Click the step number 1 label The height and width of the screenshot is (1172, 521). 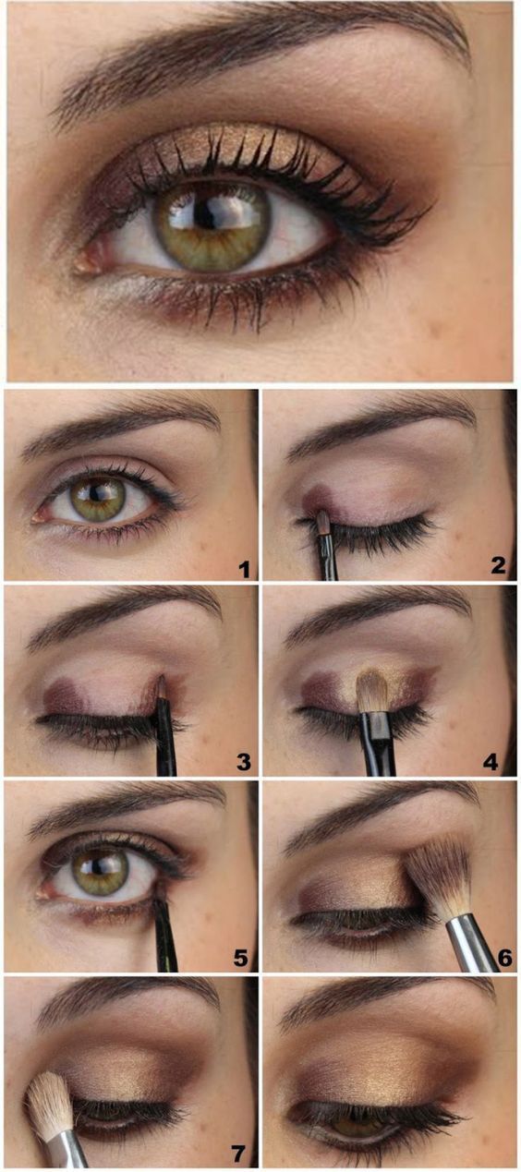(x=244, y=569)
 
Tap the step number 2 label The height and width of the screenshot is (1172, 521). (x=498, y=565)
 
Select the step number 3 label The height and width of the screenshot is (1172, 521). (x=243, y=762)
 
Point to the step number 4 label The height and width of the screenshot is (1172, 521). (x=491, y=762)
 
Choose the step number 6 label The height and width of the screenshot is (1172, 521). (x=504, y=958)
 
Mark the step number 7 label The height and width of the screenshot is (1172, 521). (x=238, y=1153)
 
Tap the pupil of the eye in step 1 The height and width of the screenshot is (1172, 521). (x=96, y=493)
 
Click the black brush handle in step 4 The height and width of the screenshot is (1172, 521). (x=378, y=745)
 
